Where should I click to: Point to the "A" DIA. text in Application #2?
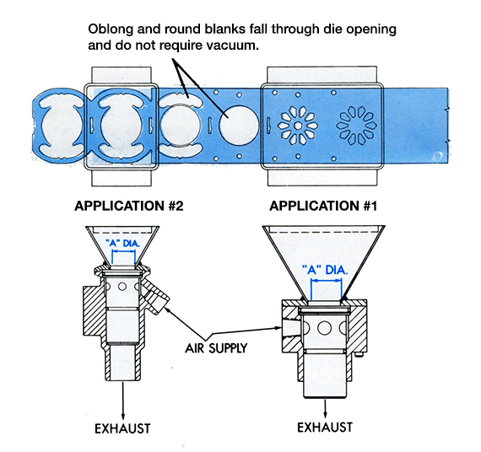[122, 244]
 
